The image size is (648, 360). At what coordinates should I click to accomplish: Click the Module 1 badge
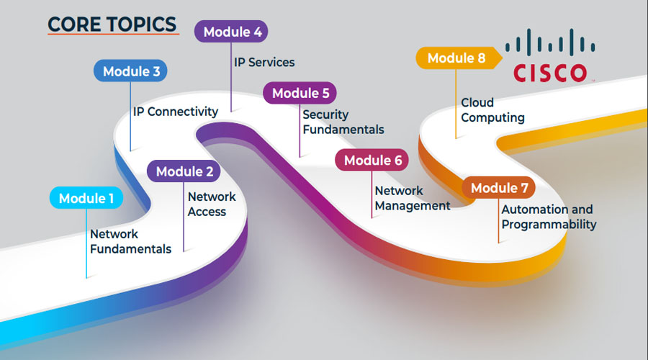[86, 198]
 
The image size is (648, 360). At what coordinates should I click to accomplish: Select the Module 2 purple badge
[184, 171]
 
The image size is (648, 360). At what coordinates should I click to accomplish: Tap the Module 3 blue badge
[131, 71]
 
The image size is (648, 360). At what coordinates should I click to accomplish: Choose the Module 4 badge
[231, 32]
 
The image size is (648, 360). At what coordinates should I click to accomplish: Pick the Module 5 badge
[300, 93]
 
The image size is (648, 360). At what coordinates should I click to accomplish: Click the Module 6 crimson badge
[372, 161]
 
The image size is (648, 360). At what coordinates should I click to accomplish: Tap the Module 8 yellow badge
[456, 58]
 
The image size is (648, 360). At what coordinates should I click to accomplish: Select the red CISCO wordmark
[550, 73]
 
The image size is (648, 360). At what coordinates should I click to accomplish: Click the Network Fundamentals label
[130, 241]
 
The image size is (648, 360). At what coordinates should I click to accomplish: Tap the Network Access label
[212, 204]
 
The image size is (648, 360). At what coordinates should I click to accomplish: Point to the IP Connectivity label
[176, 112]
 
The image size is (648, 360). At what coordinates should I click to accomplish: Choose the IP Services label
[264, 62]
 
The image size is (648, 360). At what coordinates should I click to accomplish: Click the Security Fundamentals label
[343, 122]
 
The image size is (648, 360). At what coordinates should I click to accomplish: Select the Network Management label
[412, 198]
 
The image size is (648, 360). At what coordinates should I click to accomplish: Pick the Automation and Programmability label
[549, 217]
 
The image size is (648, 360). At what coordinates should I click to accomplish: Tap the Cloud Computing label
[492, 110]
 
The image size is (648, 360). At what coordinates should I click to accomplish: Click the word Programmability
[549, 225]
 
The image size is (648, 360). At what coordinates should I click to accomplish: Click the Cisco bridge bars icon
[550, 42]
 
